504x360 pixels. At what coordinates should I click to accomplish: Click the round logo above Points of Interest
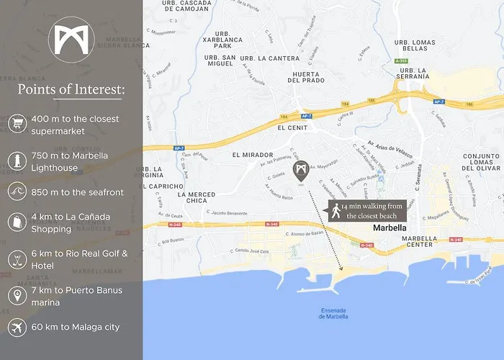click(71, 40)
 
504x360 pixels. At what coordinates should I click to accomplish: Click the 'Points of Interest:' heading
click(71, 90)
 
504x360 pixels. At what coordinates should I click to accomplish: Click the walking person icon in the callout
click(336, 210)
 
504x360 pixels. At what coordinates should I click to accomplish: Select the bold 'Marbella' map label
click(390, 228)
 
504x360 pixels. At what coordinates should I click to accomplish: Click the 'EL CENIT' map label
click(292, 127)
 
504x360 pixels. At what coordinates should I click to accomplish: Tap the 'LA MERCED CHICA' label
click(197, 197)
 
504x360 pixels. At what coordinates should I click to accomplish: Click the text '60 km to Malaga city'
click(76, 327)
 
